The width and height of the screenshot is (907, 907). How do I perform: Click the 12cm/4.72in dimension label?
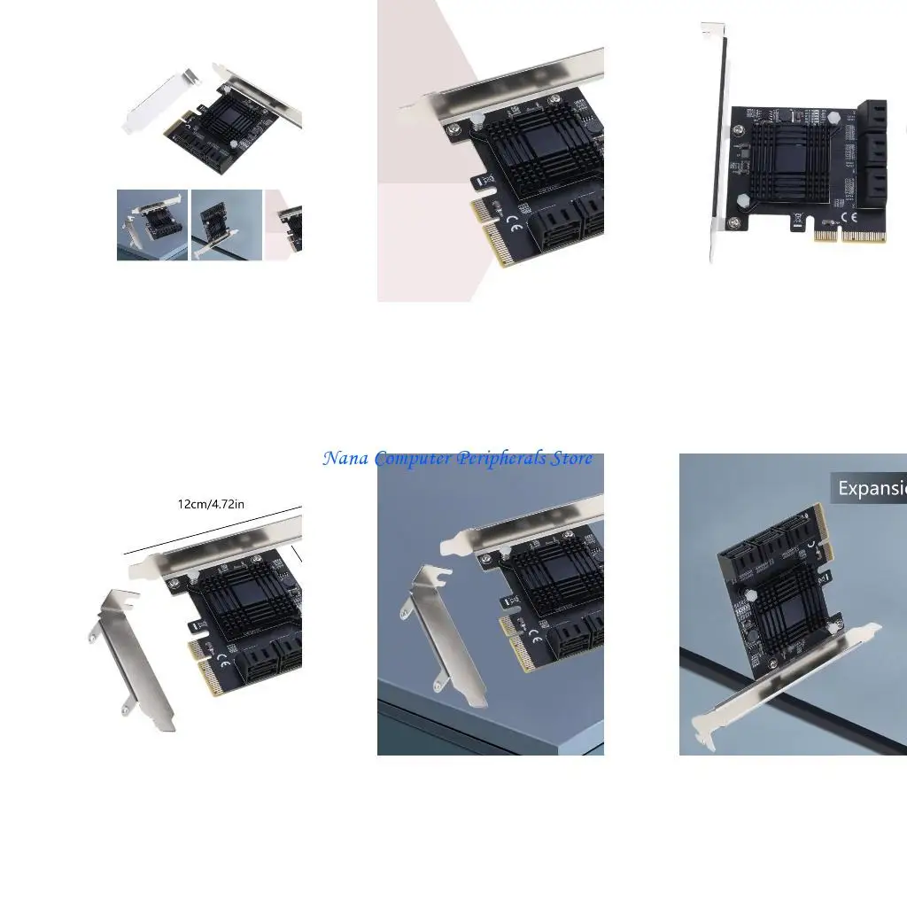211,504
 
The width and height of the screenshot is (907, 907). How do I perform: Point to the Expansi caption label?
870,488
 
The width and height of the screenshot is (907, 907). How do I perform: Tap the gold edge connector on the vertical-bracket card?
851,237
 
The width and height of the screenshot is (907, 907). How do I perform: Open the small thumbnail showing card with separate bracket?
151,224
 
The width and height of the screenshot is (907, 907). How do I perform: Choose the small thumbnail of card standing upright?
226,224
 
